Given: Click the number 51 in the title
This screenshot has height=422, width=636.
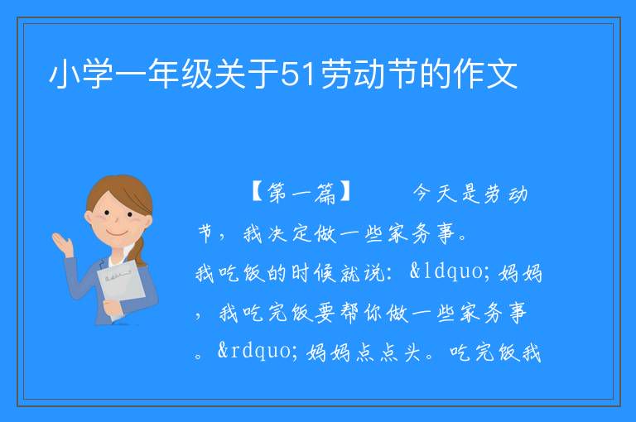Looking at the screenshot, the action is pyautogui.click(x=298, y=74).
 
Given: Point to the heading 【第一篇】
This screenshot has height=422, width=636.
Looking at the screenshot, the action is pyautogui.click(x=301, y=193).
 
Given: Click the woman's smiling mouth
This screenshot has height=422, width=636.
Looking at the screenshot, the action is pyautogui.click(x=117, y=233).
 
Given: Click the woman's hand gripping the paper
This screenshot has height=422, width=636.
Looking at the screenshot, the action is pyautogui.click(x=111, y=307).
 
